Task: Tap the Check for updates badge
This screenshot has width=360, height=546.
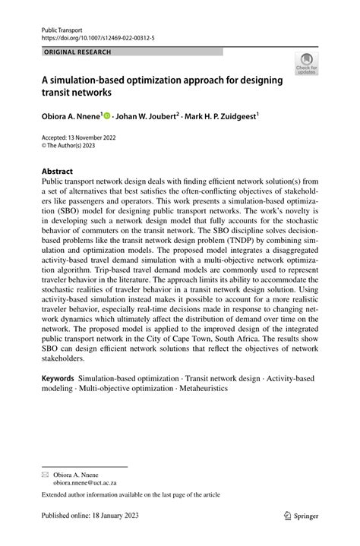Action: [x=308, y=63]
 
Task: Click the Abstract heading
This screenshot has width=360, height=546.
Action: [x=57, y=172]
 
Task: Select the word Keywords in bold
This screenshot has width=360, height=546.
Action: [x=57, y=377]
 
